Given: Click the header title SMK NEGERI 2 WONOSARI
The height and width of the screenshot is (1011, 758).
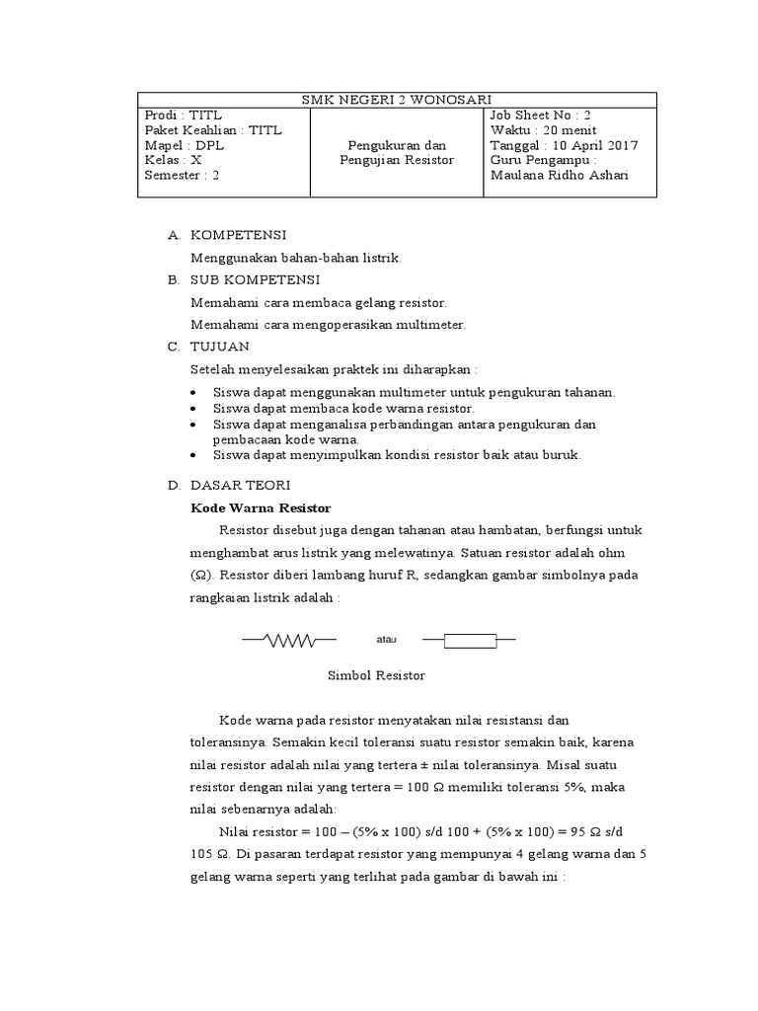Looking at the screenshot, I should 396,99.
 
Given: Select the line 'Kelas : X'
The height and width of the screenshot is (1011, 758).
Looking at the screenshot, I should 173,160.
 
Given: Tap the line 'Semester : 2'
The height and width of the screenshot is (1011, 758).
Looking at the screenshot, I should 182,176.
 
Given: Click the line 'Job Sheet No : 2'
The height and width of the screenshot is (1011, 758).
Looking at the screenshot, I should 540,115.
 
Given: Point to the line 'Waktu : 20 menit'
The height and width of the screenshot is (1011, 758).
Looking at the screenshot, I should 543,130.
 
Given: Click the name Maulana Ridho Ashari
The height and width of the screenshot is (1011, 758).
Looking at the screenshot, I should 559,176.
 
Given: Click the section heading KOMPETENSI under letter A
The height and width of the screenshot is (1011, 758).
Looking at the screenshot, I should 238,235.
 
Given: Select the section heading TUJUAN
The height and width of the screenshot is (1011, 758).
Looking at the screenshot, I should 220,347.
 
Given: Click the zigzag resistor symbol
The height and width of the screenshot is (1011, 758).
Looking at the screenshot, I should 280,641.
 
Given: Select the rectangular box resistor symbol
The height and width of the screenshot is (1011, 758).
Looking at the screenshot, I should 470,641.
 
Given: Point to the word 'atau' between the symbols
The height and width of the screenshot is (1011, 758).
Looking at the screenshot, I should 386,640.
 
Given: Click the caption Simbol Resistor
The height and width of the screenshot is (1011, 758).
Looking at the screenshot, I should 375,676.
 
